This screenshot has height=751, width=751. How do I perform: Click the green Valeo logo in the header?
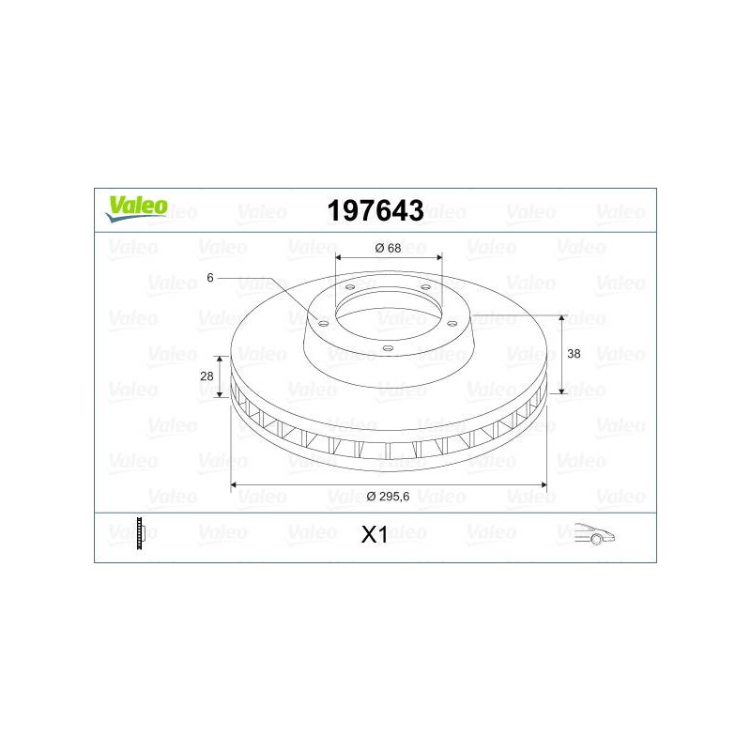136,208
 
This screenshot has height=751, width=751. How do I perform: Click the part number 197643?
375,210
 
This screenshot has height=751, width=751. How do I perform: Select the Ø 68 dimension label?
388,248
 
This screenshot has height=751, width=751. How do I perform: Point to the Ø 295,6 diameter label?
388,497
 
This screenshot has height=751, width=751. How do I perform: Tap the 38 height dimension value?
574,354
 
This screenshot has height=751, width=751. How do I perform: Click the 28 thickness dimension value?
207,376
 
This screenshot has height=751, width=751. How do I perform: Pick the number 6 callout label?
209,278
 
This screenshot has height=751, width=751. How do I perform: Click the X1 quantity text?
375,534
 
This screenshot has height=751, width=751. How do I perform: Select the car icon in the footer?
594,533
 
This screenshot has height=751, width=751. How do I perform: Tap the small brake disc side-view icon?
139,533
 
